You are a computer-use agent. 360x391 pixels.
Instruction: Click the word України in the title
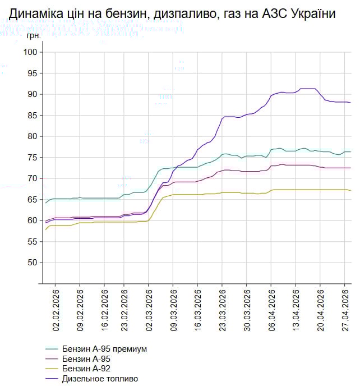tap(311, 14)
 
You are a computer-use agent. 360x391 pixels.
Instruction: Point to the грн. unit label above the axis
tap(34, 35)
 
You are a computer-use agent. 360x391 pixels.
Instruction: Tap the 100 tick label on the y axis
tap(30, 52)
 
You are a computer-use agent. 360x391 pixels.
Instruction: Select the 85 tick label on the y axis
tap(33, 116)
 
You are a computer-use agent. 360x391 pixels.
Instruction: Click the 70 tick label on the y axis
tap(33, 178)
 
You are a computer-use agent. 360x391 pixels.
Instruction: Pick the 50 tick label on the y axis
tap(33, 263)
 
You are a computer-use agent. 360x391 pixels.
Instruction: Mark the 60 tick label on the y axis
tap(33, 220)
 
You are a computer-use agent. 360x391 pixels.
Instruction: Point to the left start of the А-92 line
tap(46, 229)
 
